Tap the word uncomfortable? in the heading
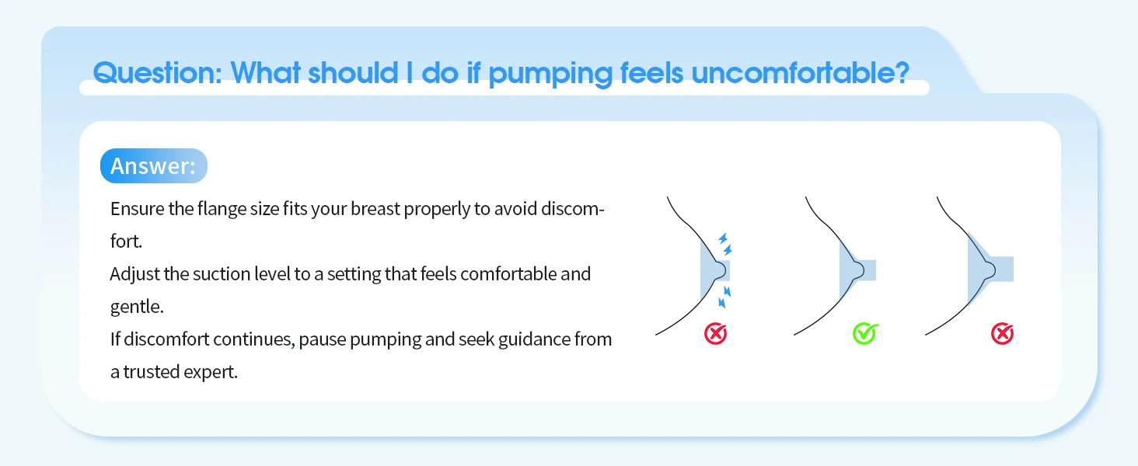(800, 73)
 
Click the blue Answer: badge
(153, 166)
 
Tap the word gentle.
(137, 306)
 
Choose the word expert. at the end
(211, 372)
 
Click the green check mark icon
(864, 334)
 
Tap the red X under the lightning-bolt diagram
(715, 334)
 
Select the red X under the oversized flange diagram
(1002, 334)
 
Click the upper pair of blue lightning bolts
(724, 244)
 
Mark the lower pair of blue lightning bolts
(724, 296)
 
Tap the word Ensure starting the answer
(137, 210)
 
